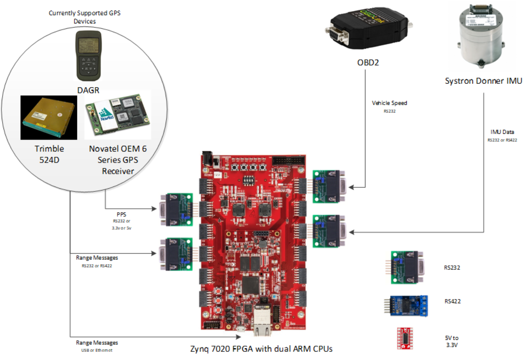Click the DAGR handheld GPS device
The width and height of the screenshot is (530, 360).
(x=88, y=56)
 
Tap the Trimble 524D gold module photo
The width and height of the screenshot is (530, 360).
(x=49, y=117)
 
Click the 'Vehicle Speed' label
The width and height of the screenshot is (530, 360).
(x=389, y=103)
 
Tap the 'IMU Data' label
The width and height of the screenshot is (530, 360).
(x=502, y=132)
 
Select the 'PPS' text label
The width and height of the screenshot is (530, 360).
(x=121, y=215)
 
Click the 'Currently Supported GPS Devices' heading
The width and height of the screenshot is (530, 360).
(x=84, y=17)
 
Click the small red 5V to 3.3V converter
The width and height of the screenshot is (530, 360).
(x=405, y=338)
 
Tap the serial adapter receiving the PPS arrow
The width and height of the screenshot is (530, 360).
(x=176, y=210)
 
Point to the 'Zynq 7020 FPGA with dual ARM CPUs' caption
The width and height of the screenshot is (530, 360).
(x=261, y=349)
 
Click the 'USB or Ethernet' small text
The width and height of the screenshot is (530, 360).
(x=96, y=350)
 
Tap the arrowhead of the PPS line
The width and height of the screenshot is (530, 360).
(x=154, y=209)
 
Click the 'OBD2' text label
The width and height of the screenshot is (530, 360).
(x=368, y=63)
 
